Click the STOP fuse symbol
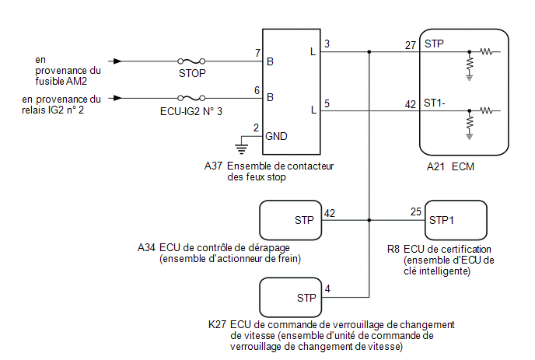click(191, 61)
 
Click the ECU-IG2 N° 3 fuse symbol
click(191, 98)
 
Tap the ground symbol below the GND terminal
click(242, 149)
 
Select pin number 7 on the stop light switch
click(258, 53)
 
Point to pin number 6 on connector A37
click(257, 90)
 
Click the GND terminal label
click(276, 137)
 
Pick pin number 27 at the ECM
click(411, 45)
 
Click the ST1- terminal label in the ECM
click(435, 103)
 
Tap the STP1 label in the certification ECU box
click(442, 221)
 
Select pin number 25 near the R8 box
click(416, 212)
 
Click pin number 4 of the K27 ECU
click(327, 289)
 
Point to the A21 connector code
click(435, 167)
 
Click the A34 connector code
click(146, 248)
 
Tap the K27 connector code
click(217, 324)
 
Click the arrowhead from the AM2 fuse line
click(117, 61)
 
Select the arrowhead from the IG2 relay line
click(117, 98)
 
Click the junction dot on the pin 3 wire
click(369, 52)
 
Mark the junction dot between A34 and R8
click(369, 221)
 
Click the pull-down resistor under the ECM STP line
click(470, 64)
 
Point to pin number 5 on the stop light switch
click(327, 103)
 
